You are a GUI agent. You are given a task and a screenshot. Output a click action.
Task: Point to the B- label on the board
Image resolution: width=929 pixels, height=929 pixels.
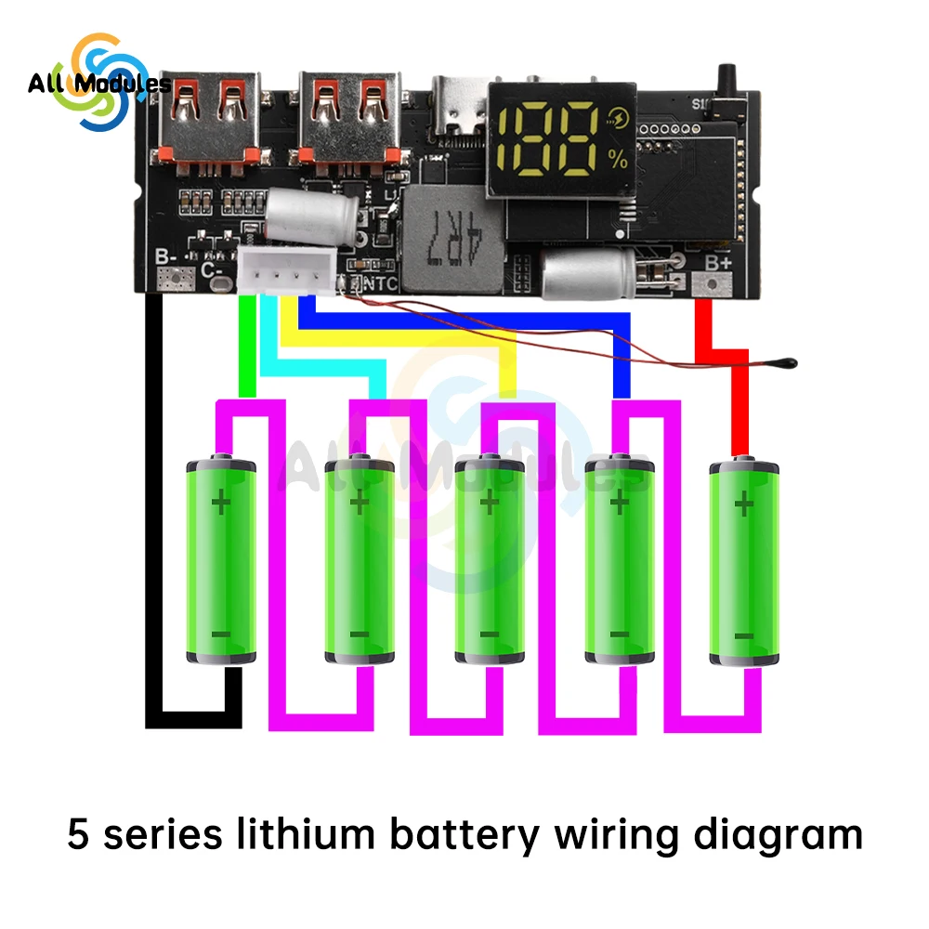tap(166, 256)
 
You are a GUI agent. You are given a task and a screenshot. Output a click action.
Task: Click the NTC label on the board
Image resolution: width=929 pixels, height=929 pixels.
tap(381, 284)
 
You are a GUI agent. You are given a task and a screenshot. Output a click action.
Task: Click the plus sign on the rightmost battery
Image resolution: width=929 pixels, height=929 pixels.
tap(743, 504)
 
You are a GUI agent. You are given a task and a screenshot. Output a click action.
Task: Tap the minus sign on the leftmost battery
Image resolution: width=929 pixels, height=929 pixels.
tap(220, 635)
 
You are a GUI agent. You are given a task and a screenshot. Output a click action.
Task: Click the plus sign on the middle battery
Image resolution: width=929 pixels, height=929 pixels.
tap(489, 504)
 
